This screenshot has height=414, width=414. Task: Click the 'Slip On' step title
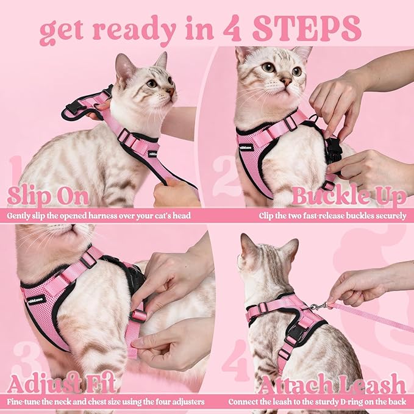(x=48, y=196)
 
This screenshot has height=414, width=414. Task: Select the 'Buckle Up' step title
(x=348, y=196)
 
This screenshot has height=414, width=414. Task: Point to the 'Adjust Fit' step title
(x=62, y=384)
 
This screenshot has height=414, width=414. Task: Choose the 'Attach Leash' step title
(x=332, y=384)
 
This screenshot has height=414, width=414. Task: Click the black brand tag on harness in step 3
(x=37, y=299)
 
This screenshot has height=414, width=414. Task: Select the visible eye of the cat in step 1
(x=151, y=83)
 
